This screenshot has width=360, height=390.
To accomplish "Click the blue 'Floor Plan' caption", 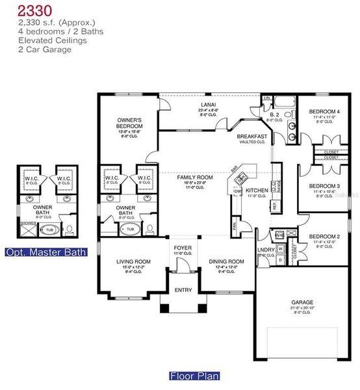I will point(194,376).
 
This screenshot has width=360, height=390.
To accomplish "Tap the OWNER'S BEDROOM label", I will point(130,123).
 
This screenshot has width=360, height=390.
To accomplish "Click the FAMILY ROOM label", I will point(196,177).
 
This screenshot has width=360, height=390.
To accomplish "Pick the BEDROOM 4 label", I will point(324,112).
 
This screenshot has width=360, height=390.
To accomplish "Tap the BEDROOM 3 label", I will point(324,185).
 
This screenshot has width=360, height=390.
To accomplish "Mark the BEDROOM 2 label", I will point(324,236).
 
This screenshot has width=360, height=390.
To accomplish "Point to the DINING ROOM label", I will point(226,261).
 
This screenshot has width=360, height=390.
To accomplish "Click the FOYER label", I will point(182,248).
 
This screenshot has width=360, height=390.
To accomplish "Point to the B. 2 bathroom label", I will point(275,114).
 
